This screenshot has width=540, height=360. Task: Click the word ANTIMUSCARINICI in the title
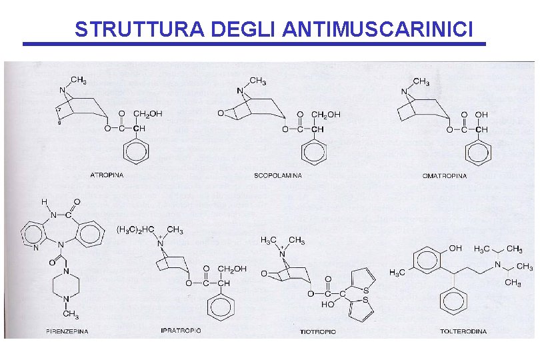coord(379,29)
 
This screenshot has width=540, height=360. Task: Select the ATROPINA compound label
coord(107,175)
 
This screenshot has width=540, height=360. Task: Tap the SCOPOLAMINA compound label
coord(277,175)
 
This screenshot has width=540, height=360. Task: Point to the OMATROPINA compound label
coord(445,176)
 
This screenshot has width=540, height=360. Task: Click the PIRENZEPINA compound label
coord(67,331)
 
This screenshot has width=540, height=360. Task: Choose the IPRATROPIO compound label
coord(181,330)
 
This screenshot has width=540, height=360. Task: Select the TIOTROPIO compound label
coord(317,331)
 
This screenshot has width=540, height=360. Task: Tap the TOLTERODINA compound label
coord(463,331)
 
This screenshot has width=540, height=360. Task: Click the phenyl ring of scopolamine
coord(314,152)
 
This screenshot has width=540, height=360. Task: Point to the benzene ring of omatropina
coord(478,152)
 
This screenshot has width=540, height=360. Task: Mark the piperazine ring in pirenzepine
coord(67,285)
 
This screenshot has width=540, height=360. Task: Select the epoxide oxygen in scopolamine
coord(221,114)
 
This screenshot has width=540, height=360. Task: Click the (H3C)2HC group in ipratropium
coord(136,230)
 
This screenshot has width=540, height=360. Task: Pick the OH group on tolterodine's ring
coord(455,248)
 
